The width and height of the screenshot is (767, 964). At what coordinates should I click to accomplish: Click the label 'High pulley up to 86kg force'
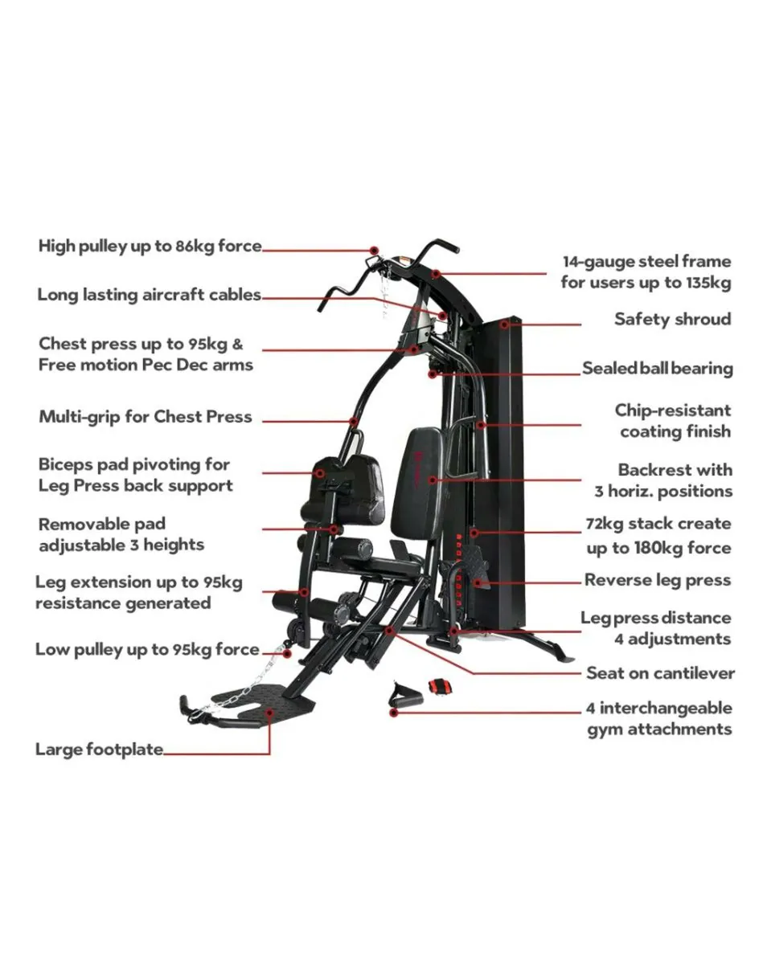coord(150,247)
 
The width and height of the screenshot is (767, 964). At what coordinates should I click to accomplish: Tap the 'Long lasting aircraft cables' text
coord(149,295)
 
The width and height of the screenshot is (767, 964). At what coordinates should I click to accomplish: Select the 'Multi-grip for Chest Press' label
coord(145,417)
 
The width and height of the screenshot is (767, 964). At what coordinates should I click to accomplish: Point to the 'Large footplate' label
coord(99,750)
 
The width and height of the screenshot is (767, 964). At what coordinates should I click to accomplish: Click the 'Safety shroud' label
coord(672,319)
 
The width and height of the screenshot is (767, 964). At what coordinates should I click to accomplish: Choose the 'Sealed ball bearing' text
coord(658,369)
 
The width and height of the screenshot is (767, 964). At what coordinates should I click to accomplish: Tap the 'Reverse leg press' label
coord(658,580)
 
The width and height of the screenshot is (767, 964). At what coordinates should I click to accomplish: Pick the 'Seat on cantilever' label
coord(659,673)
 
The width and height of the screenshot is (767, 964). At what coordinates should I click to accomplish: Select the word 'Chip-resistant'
coord(673,411)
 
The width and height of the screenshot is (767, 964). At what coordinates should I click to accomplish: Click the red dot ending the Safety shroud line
coord(504,325)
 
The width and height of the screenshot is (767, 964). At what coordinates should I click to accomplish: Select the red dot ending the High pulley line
coord(374,251)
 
